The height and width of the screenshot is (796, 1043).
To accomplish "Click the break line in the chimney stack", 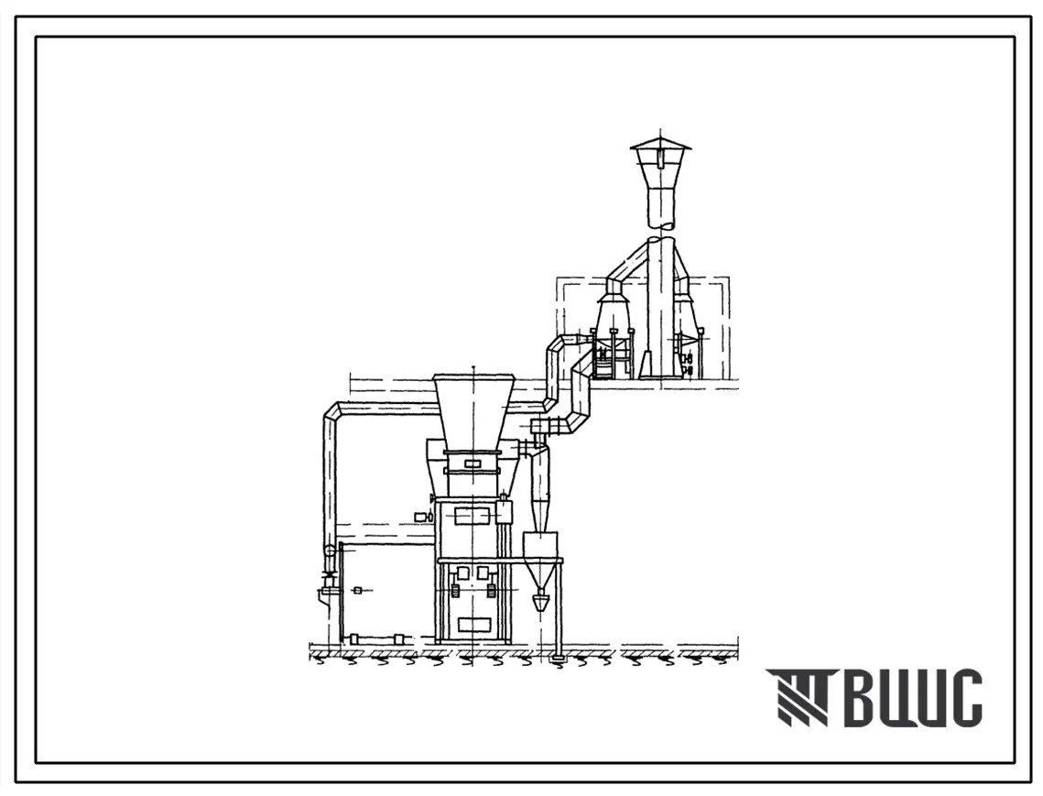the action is [660, 228].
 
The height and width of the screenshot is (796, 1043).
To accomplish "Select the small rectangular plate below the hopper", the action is [473, 463].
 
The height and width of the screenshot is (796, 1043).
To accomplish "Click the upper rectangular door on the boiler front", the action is [473, 515].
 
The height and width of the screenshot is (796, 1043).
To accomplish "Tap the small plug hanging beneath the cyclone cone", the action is [543, 603].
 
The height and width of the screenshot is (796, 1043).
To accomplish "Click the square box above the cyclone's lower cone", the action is [543, 543].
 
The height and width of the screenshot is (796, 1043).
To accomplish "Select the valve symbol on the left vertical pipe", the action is [327, 576].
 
